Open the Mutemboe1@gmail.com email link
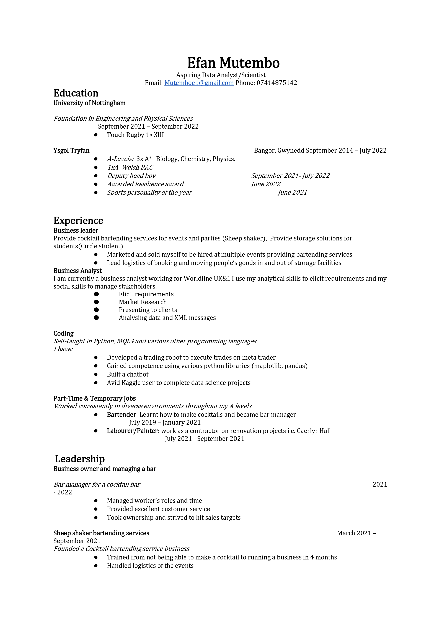tap(199, 83)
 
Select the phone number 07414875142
tap(277, 83)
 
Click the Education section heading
tap(76, 93)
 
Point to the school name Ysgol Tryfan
tap(71, 151)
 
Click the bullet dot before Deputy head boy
tap(96, 176)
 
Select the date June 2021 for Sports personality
tap(292, 193)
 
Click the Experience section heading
tap(78, 221)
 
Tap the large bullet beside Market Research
tap(96, 302)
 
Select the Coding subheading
tap(63, 333)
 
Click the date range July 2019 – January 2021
tap(165, 422)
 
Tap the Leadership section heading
tap(80, 459)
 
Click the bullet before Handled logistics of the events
tap(96, 566)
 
